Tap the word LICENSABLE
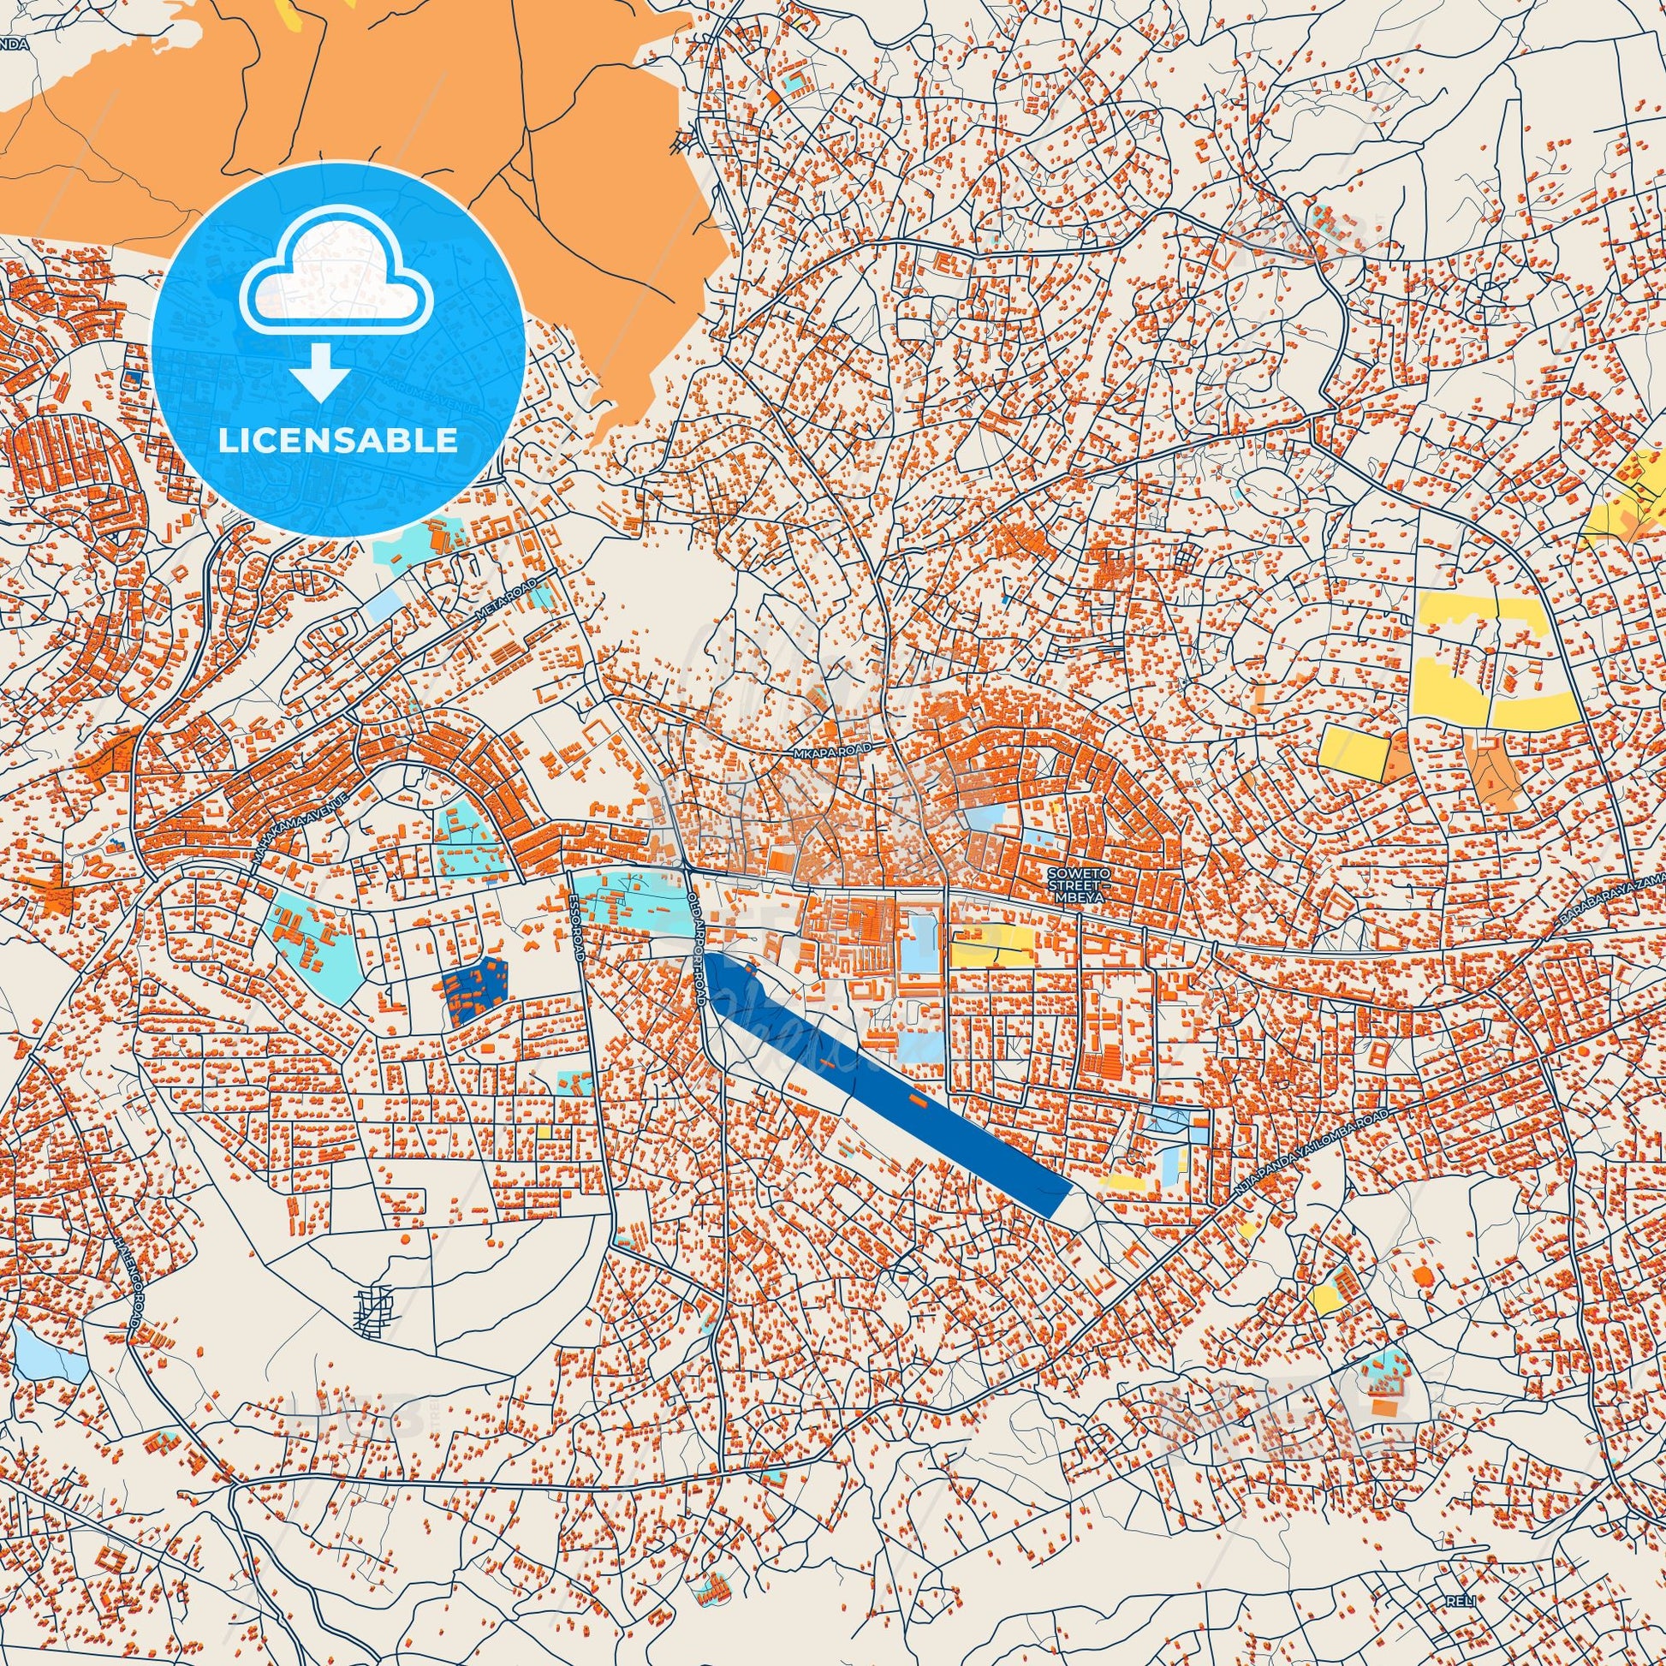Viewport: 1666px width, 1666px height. click(338, 440)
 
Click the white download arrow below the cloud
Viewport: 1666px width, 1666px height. click(319, 371)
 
